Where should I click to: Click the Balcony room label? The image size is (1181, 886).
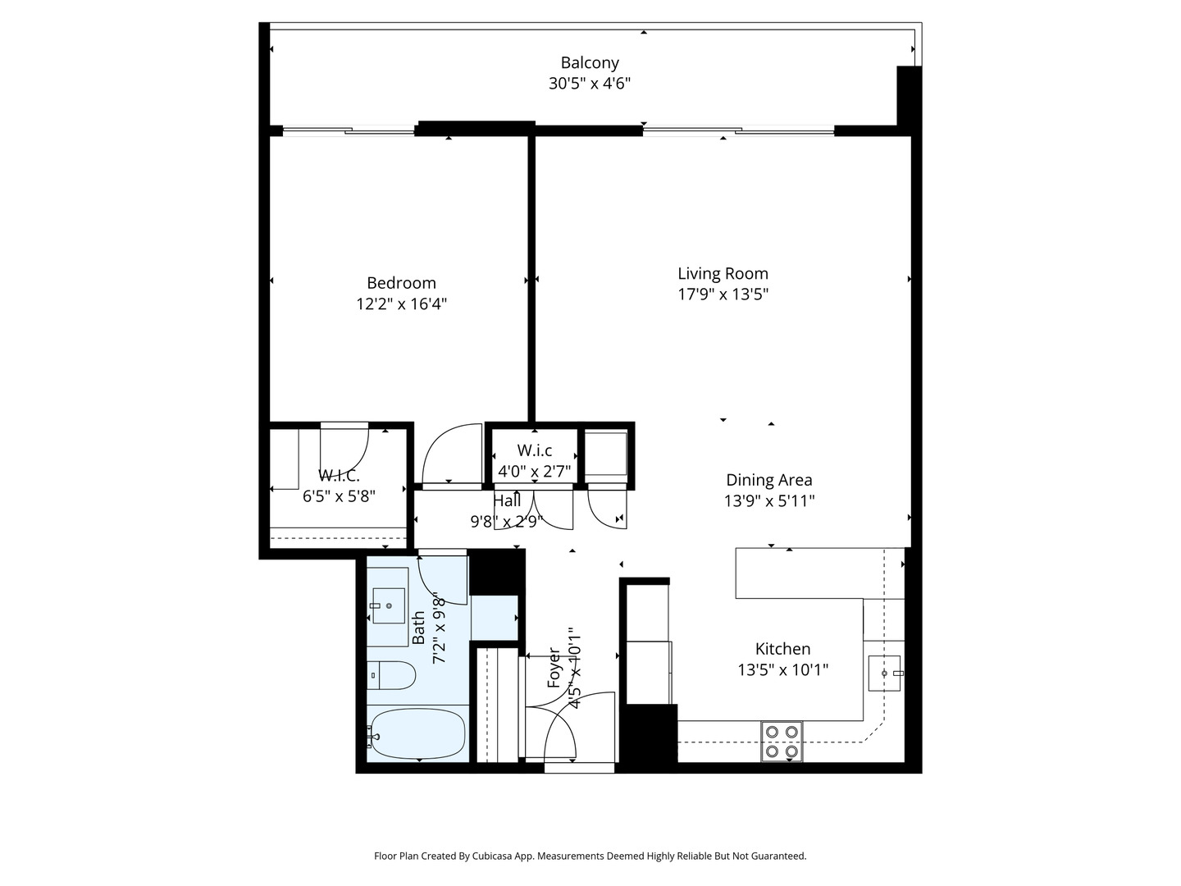coord(590,62)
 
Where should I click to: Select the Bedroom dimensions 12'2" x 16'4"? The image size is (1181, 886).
coord(401,304)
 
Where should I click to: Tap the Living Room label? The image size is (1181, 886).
coord(723,274)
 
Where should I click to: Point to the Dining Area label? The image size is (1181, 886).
coord(768,480)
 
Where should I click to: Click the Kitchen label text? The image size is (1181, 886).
coord(782,649)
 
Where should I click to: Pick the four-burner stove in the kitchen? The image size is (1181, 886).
coord(781,741)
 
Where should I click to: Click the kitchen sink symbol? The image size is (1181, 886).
coord(885,674)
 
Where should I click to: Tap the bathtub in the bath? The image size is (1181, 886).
coord(417,735)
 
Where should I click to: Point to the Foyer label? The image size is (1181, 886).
coord(554,668)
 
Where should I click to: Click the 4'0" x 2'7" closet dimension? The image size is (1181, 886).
coord(534,471)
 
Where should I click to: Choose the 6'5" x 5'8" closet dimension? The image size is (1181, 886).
coord(339,496)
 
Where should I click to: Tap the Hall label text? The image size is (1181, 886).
coord(507,500)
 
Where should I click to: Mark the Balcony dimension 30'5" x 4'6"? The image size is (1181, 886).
coord(590,84)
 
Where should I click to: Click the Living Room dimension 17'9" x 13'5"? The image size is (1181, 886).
coord(723,295)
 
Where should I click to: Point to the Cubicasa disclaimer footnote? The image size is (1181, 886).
coord(590,856)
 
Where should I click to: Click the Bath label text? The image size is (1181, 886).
coord(418,628)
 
